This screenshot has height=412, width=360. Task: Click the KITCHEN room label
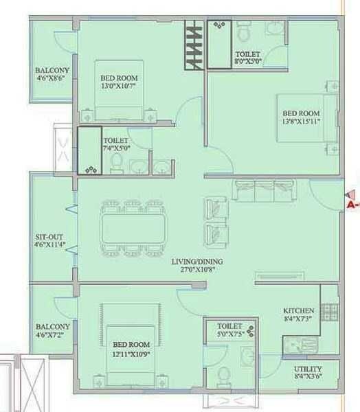tap(298, 311)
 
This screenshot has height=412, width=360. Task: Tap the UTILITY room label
tap(302, 369)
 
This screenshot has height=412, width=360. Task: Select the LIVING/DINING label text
tap(194, 262)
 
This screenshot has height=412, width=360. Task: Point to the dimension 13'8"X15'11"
tap(302, 122)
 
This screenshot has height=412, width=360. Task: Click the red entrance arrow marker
tap(352, 198)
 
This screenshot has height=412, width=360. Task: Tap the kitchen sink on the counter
tap(302, 343)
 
